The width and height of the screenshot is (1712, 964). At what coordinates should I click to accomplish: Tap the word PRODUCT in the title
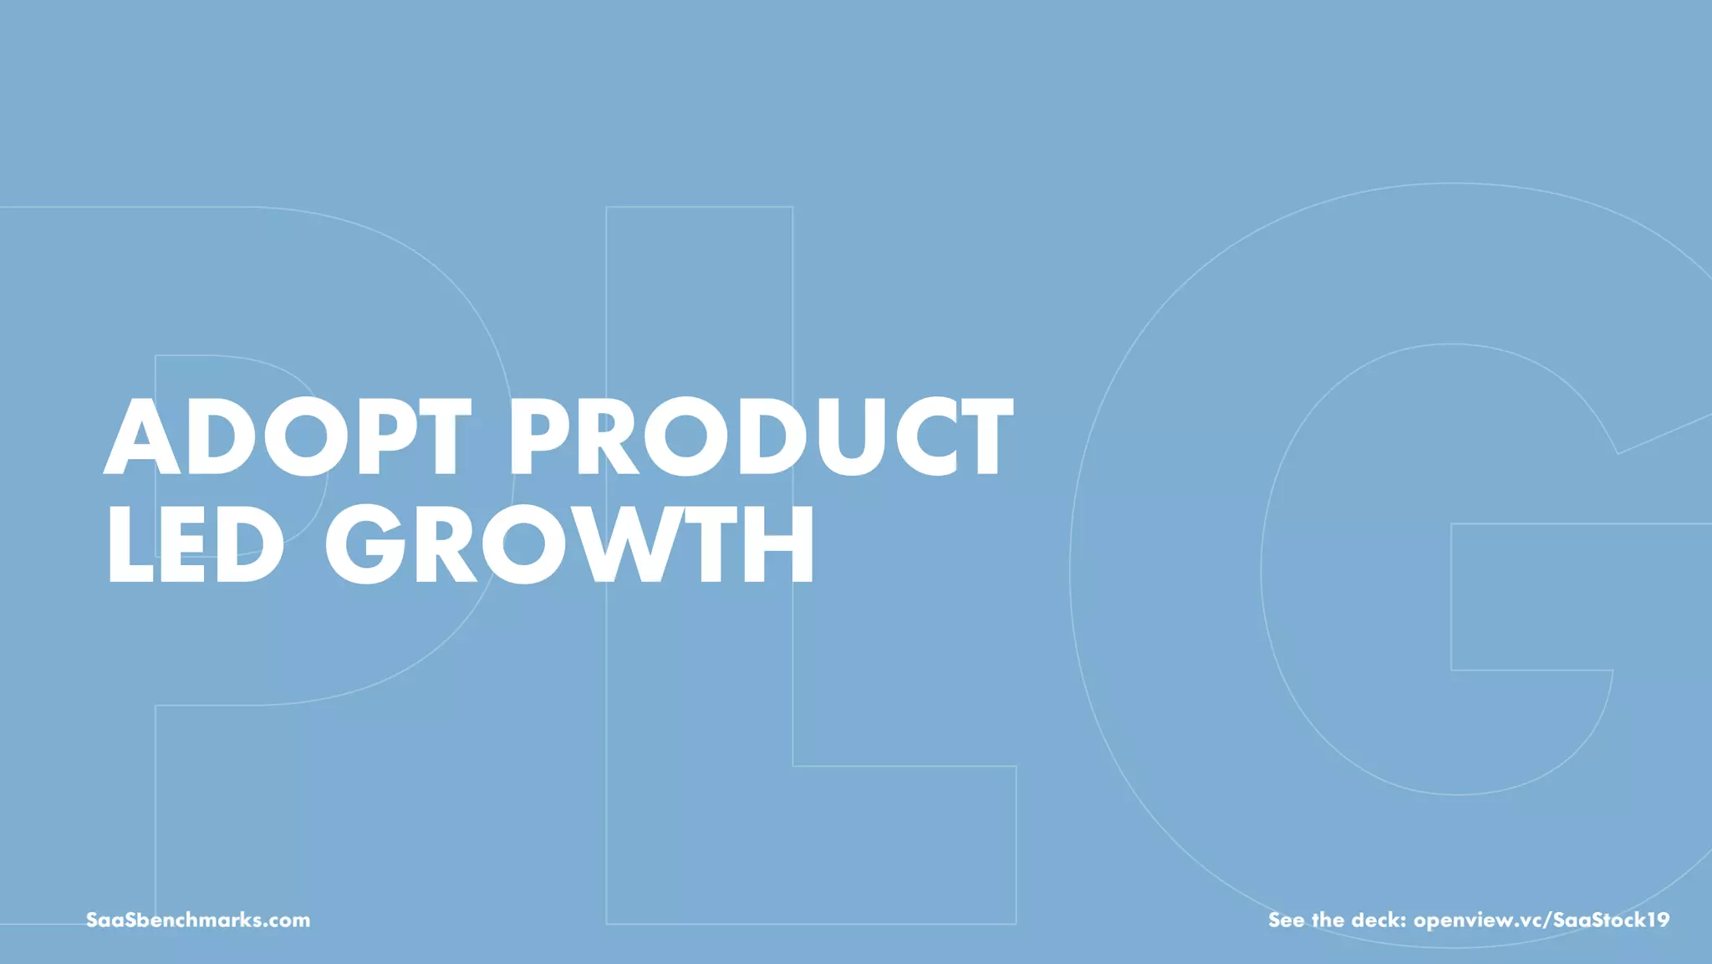(760, 436)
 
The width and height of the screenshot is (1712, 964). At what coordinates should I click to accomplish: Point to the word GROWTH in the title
(569, 544)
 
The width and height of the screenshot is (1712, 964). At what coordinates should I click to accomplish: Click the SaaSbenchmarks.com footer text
(198, 920)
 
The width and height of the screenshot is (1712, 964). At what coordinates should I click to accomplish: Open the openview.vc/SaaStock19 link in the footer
(1541, 920)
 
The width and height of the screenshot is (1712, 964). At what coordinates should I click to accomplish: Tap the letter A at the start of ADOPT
(142, 436)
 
